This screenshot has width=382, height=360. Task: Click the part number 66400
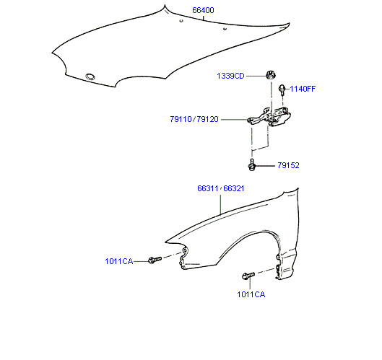(203, 10)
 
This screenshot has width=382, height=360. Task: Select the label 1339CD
(230, 76)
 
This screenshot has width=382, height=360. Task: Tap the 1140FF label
(303, 89)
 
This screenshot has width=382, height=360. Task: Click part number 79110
(181, 119)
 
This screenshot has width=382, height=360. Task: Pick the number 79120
(207, 119)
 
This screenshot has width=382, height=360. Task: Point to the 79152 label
(288, 165)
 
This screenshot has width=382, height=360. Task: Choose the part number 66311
(208, 188)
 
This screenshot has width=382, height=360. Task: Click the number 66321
(234, 188)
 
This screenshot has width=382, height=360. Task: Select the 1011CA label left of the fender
(119, 261)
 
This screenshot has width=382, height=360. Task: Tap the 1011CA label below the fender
(251, 294)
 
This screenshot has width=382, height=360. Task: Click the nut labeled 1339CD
(269, 75)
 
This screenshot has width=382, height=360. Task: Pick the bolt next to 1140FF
(282, 89)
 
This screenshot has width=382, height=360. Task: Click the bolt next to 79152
(252, 165)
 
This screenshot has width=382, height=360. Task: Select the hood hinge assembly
(269, 118)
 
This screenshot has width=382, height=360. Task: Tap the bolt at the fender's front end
(155, 260)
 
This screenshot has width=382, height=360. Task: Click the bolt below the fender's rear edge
(248, 276)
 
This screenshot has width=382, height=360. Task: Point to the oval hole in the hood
(90, 76)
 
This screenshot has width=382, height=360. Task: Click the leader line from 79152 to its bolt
(265, 166)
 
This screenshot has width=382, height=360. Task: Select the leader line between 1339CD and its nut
(256, 76)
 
